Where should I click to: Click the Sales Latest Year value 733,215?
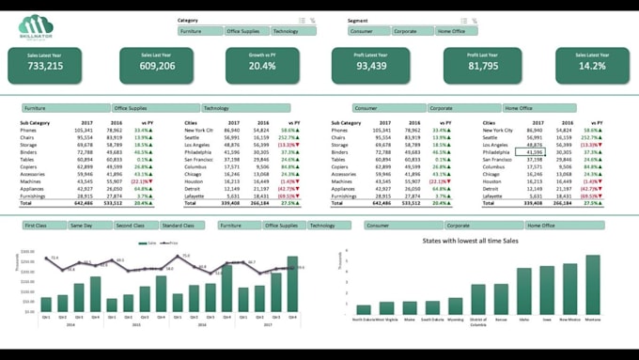click(45, 66)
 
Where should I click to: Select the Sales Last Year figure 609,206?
click(157, 66)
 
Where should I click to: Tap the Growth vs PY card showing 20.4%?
click(262, 66)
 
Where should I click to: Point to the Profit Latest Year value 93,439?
click(371, 66)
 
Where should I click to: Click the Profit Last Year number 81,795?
click(482, 66)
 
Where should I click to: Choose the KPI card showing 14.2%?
click(592, 66)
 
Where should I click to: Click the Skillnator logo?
click(35, 27)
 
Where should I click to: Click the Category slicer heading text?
click(188, 20)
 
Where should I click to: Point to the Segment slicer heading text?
click(358, 20)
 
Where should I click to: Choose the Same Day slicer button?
click(89, 226)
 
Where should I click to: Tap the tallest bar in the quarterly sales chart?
click(292, 284)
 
